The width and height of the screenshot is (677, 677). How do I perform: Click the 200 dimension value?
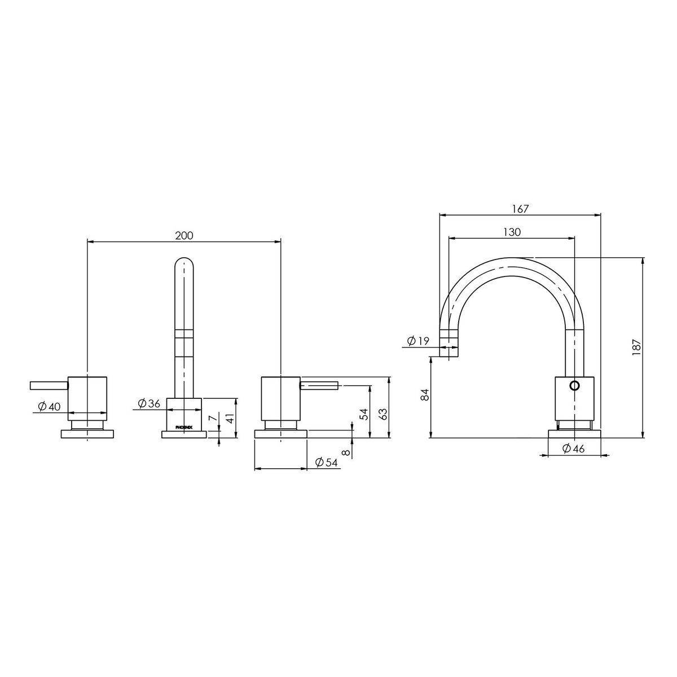point(184,235)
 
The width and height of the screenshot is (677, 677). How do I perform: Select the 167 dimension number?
point(520,209)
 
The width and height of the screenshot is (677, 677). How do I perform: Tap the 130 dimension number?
point(512,232)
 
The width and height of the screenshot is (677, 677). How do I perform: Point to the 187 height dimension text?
point(636,348)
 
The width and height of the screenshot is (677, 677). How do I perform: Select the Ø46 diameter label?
point(573,449)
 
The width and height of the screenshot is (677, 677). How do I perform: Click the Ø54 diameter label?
point(327,463)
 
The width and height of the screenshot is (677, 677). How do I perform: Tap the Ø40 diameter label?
point(49,406)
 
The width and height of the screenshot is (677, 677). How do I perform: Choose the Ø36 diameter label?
point(149,403)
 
